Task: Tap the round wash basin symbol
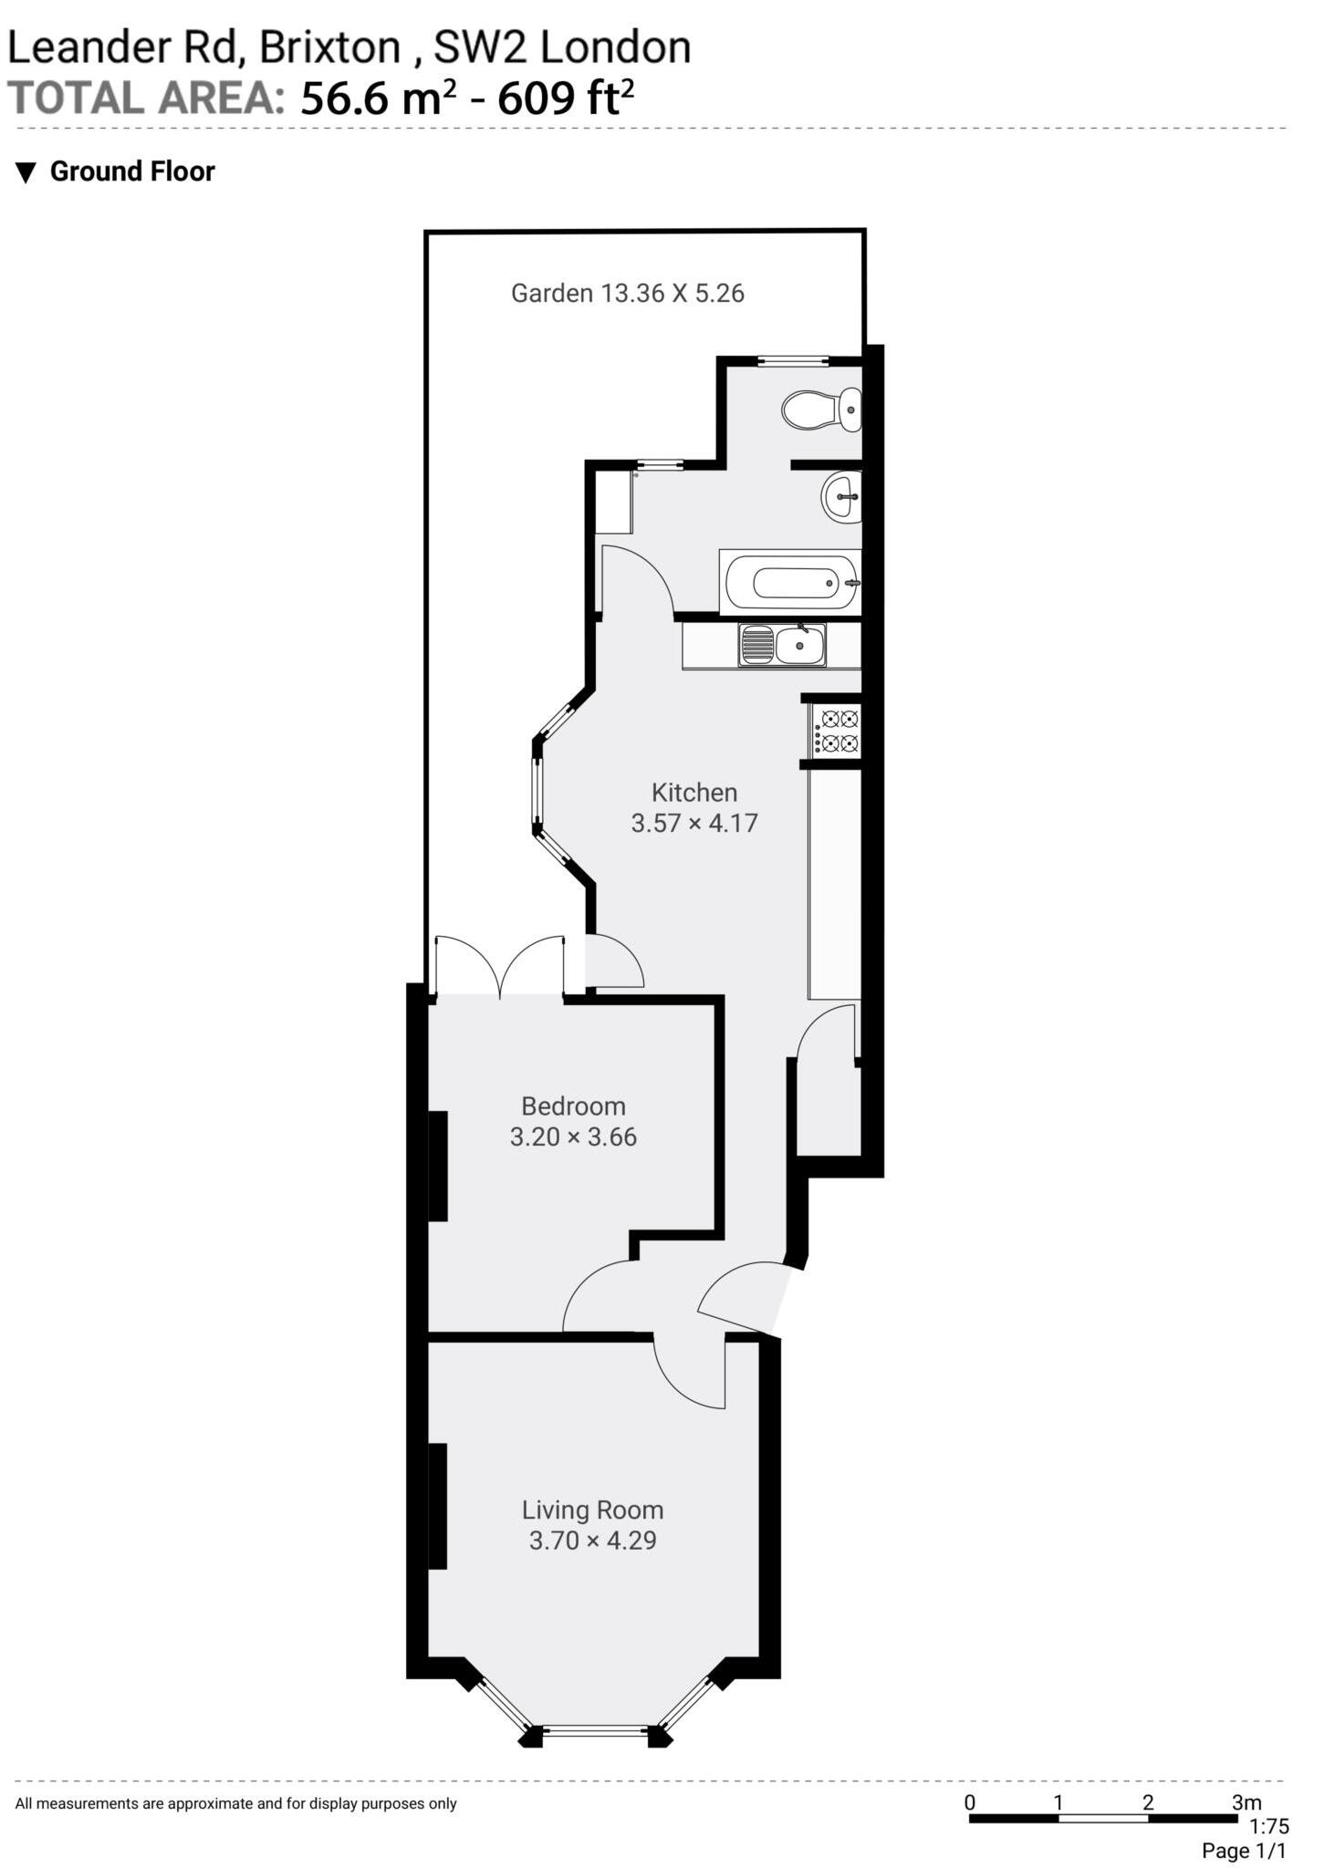(841, 497)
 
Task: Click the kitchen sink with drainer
(782, 645)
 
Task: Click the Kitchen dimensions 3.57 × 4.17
(694, 823)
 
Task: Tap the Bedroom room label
(573, 1105)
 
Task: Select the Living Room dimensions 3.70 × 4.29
(592, 1540)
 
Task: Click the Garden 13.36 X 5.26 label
(627, 293)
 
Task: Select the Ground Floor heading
(131, 171)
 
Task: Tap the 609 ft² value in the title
(565, 98)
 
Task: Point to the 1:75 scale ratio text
(1268, 1826)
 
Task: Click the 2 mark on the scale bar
(1147, 1801)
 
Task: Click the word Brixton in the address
(329, 47)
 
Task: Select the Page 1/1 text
(1243, 1851)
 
